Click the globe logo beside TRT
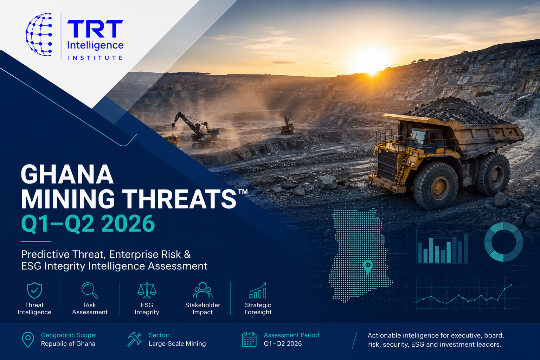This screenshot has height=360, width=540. click(39, 34)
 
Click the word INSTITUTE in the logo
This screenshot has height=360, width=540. click(95, 58)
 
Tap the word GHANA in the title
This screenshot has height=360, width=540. click(67, 174)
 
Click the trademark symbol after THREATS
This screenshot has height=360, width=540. click(243, 192)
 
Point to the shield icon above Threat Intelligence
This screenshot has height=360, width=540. click(34, 290)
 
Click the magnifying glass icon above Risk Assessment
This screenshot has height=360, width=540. click(90, 290)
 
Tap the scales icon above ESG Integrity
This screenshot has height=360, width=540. click(147, 290)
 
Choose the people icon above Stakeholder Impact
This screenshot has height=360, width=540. click(202, 290)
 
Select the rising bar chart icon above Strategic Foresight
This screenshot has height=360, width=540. click(258, 290)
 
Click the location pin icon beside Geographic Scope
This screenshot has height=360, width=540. click(28, 340)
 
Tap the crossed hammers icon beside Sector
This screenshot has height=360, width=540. click(135, 339)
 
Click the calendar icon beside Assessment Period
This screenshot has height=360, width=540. click(249, 339)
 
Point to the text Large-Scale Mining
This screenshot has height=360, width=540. click(177, 343)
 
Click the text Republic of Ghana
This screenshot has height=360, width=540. click(68, 343)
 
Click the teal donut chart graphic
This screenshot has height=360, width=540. click(503, 242)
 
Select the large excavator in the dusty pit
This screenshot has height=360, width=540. click(197, 130)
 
